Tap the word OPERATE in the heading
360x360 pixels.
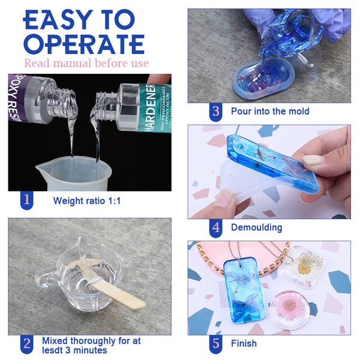84,44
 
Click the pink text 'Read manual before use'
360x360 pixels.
86,63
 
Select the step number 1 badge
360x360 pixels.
26,200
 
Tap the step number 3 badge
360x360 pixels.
215,112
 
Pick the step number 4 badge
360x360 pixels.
215,228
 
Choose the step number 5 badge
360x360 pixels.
215,344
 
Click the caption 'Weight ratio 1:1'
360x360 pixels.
87,200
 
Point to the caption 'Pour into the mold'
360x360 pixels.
270,111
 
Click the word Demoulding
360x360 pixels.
256,227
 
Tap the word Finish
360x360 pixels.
244,343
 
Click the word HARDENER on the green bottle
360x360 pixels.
151,108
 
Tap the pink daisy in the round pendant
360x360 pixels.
289,307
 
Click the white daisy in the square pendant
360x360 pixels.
303,267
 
